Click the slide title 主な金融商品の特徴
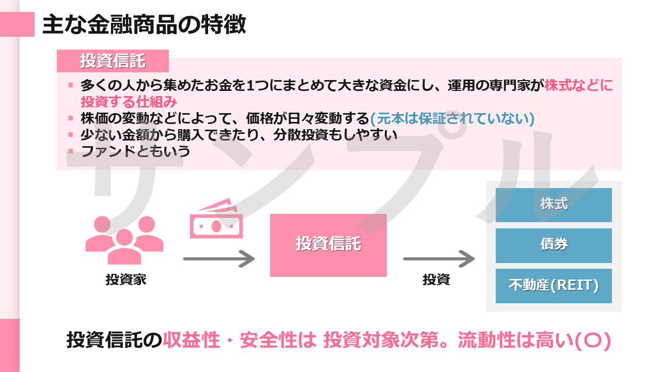tap(144, 24)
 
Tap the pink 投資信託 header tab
tap(113, 61)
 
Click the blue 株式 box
tap(554, 205)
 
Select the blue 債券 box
tap(554, 245)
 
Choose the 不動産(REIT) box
tap(554, 286)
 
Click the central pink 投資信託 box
tap(328, 245)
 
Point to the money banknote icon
tap(216, 219)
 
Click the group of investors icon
tap(124, 240)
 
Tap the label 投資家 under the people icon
tap(126, 280)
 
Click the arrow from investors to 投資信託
tap(219, 259)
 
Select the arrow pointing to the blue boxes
tap(439, 259)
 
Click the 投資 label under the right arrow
tap(436, 280)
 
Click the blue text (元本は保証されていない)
tap(452, 118)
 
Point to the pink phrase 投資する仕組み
tap(129, 102)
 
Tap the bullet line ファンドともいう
tap(135, 151)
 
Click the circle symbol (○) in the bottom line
tap(592, 340)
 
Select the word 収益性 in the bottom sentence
tap(192, 340)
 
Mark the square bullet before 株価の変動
tap(71, 118)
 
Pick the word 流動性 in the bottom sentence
tap(486, 340)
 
